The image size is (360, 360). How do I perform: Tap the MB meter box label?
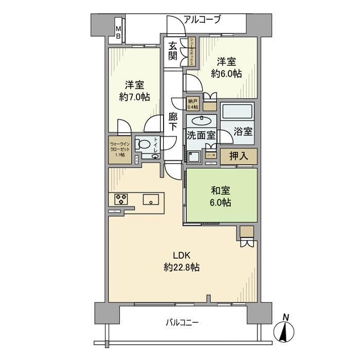[118, 32]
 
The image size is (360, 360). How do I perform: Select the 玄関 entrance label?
[173, 50]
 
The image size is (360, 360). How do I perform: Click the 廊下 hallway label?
[173, 122]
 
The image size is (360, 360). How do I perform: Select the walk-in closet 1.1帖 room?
[120, 149]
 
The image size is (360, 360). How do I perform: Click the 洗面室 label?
[201, 138]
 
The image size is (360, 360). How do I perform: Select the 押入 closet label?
[239, 156]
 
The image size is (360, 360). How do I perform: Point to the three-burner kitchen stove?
[121, 198]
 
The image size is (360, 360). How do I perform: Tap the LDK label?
[182, 256]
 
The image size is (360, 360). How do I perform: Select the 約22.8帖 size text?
[182, 267]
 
